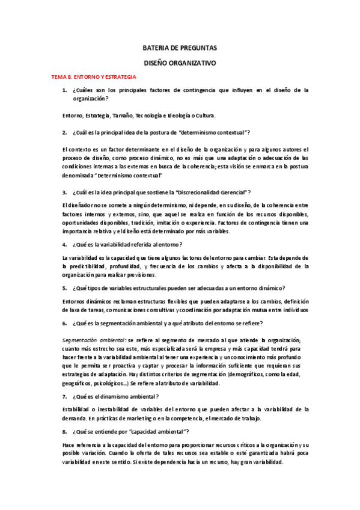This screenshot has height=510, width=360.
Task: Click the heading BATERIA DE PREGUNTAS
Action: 180,48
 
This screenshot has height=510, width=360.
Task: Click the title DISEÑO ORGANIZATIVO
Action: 180,63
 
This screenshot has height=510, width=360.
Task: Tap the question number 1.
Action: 64,90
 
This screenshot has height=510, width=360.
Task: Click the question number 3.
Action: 64,192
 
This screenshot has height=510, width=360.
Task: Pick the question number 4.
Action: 64,245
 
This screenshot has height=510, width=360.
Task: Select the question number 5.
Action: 64,287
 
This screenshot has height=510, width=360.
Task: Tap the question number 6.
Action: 64,323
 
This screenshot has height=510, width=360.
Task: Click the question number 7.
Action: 64,396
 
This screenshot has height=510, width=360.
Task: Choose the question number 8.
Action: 64,431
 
